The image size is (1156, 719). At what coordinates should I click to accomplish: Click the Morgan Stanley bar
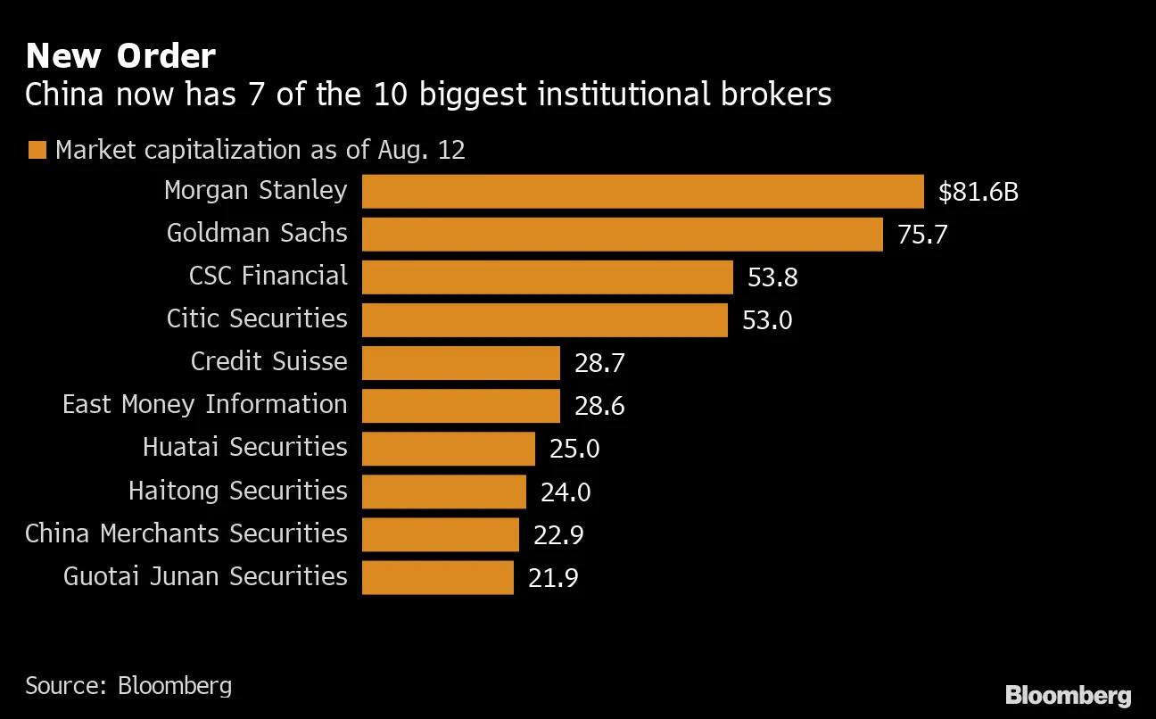[642, 191]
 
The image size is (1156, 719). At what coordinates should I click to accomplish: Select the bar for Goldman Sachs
[622, 234]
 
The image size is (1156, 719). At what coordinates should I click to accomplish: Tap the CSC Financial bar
[547, 277]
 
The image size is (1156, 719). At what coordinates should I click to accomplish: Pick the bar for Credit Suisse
[460, 362]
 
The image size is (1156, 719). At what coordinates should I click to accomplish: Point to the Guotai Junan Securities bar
[437, 577]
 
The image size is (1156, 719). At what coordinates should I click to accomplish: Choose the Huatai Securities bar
[448, 448]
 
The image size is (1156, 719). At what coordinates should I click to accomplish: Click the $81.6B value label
[978, 191]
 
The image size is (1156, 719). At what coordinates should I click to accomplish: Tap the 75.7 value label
[922, 235]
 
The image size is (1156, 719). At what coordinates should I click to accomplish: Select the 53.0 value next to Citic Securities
[767, 319]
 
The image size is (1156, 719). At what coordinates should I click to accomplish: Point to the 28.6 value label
[599, 406]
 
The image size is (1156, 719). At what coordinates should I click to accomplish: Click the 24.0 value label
[566, 492]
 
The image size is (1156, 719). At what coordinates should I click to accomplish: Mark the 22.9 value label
[558, 534]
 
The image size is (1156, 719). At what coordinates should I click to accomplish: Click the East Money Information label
[204, 405]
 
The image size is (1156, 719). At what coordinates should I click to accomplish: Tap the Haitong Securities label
[237, 491]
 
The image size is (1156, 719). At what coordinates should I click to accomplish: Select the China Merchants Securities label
[186, 533]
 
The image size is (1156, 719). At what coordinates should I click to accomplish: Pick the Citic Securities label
[257, 318]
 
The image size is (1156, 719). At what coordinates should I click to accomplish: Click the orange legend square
[37, 150]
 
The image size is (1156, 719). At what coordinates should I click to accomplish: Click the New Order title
[120, 56]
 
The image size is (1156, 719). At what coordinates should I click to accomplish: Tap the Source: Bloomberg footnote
[128, 685]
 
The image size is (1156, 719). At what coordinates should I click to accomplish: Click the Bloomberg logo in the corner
[1068, 696]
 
